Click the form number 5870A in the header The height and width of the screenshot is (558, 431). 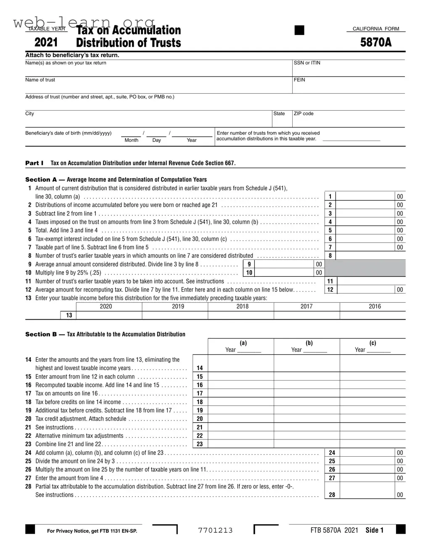(x=375, y=42)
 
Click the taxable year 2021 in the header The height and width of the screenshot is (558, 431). (x=46, y=42)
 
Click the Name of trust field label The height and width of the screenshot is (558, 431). (x=40, y=80)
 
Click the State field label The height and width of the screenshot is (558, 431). (x=279, y=114)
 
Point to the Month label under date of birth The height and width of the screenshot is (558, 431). (x=131, y=140)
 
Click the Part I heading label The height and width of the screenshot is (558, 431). (x=34, y=163)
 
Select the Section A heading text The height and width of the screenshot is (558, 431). (x=116, y=180)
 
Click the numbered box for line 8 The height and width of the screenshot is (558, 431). (x=330, y=256)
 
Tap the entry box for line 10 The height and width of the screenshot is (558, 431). (x=284, y=272)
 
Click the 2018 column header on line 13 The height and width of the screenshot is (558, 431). (x=242, y=307)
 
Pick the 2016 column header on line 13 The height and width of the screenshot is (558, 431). (x=375, y=307)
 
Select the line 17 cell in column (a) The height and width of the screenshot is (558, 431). (x=241, y=394)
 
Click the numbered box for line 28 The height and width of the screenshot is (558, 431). (x=332, y=495)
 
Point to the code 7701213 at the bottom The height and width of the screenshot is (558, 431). (x=215, y=530)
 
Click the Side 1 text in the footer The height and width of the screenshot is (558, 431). (x=374, y=530)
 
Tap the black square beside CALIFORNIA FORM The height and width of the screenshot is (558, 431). (x=299, y=30)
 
